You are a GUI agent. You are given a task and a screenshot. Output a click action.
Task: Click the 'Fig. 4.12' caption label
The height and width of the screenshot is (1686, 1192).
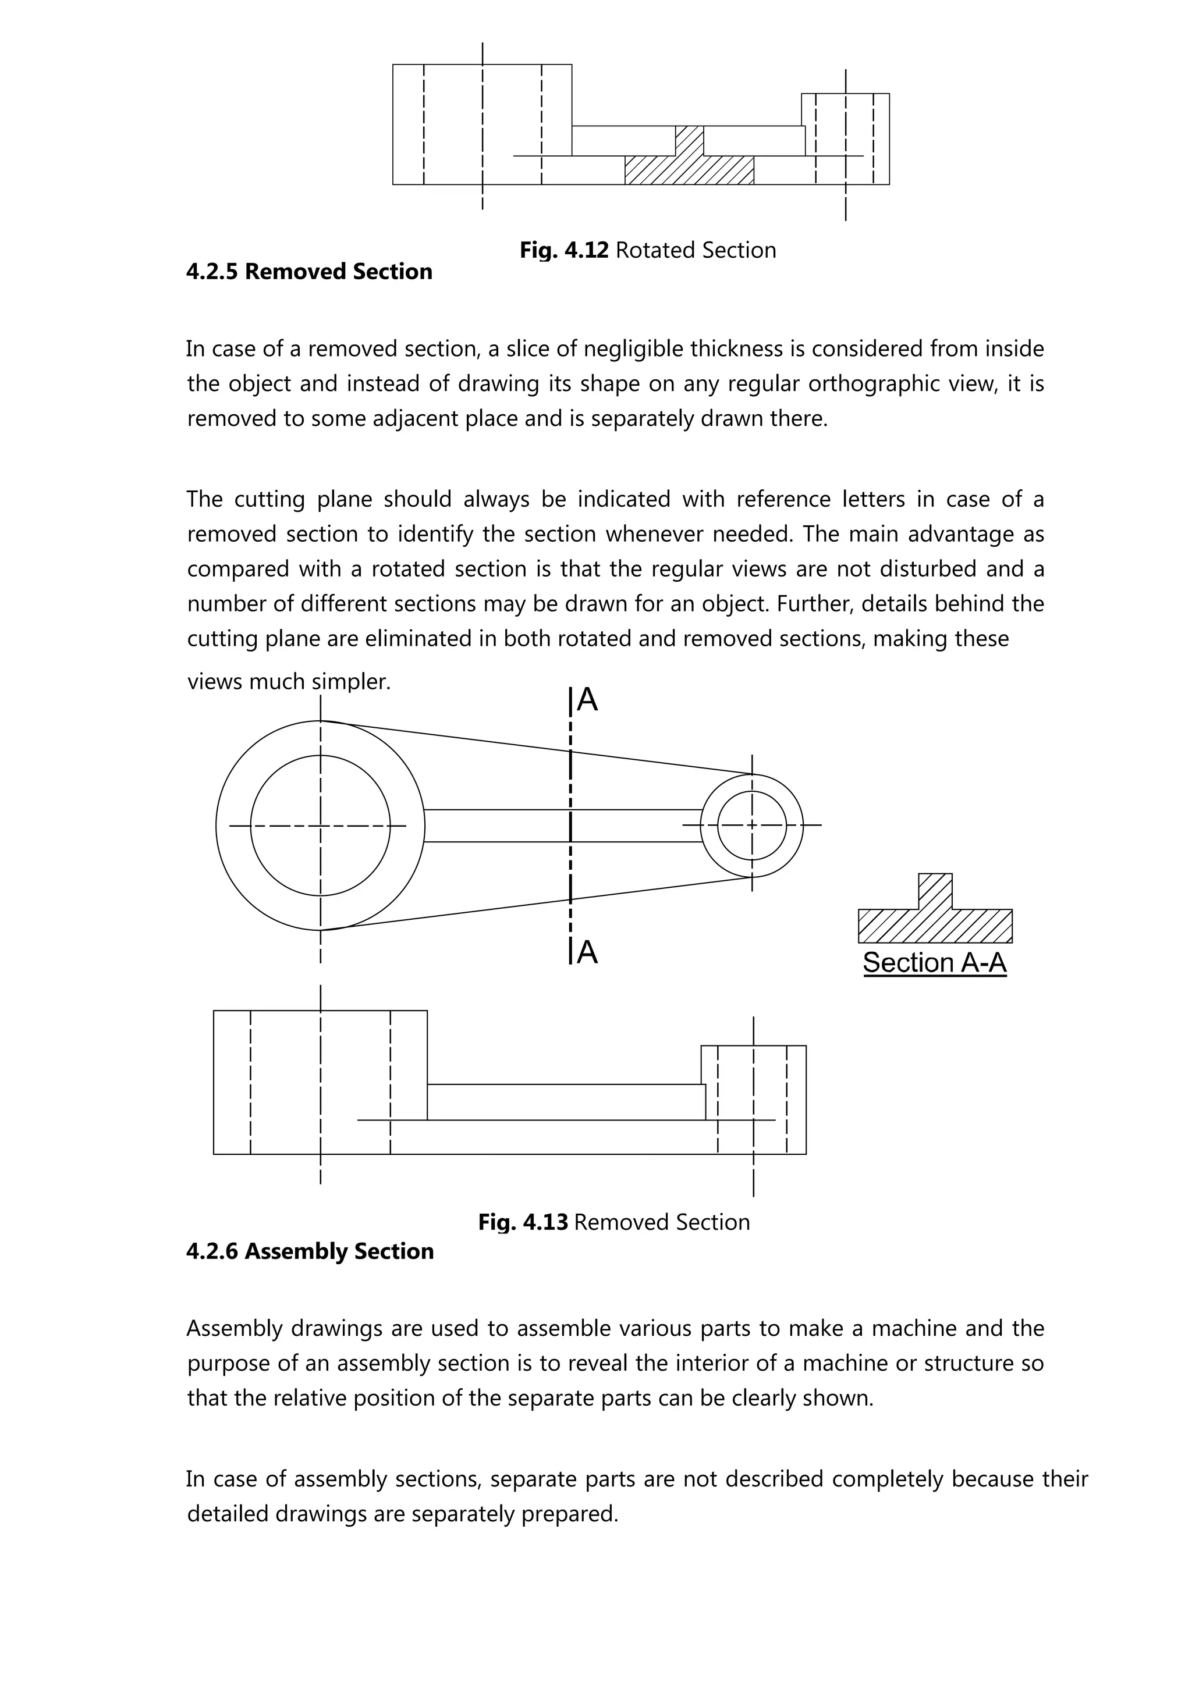[563, 250]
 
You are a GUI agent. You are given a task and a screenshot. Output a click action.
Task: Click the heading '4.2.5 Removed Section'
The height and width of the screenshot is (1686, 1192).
[309, 272]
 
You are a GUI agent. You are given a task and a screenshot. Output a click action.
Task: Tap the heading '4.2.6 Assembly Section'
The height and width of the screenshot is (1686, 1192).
[310, 1251]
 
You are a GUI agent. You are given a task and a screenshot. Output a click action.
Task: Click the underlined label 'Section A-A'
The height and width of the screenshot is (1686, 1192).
[934, 963]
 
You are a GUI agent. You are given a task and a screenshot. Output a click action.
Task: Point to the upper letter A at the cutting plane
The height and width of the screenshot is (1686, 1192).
[587, 700]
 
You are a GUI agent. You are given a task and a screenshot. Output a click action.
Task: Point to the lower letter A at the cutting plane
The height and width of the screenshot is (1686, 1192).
[587, 952]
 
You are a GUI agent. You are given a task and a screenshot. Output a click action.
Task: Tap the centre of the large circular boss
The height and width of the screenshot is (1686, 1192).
[320, 826]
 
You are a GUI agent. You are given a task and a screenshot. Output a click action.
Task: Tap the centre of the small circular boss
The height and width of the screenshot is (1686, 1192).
[752, 826]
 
